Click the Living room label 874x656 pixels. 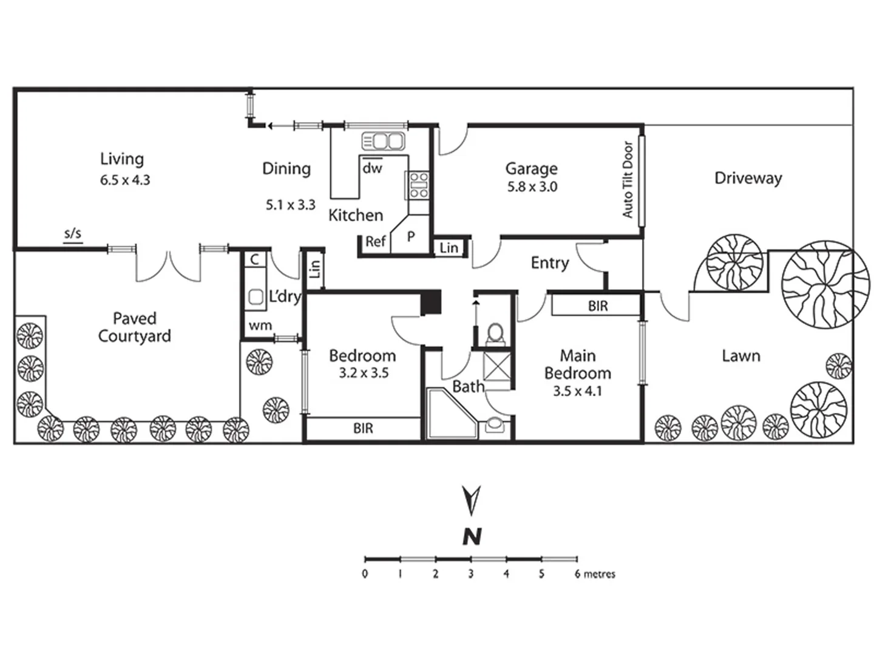coord(122,159)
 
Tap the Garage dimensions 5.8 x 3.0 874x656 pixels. coord(532,186)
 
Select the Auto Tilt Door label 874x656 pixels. coord(628,180)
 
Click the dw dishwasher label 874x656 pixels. coord(372,168)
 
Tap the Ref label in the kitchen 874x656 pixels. coord(375,242)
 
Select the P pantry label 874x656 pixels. coord(411,237)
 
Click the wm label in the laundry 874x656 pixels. coord(260,326)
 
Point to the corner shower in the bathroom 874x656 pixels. coord(451,414)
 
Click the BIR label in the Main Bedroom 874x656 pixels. coord(598,306)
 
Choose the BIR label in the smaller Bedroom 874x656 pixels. coord(363,429)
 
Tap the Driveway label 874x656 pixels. coord(748,178)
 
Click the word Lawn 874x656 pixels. coord(740,356)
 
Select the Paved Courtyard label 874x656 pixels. coord(134,327)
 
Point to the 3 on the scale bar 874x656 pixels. coord(470,574)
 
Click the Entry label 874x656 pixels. coord(549,263)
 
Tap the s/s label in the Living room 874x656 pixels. coord(73,234)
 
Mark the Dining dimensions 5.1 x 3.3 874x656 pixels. coord(291,205)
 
